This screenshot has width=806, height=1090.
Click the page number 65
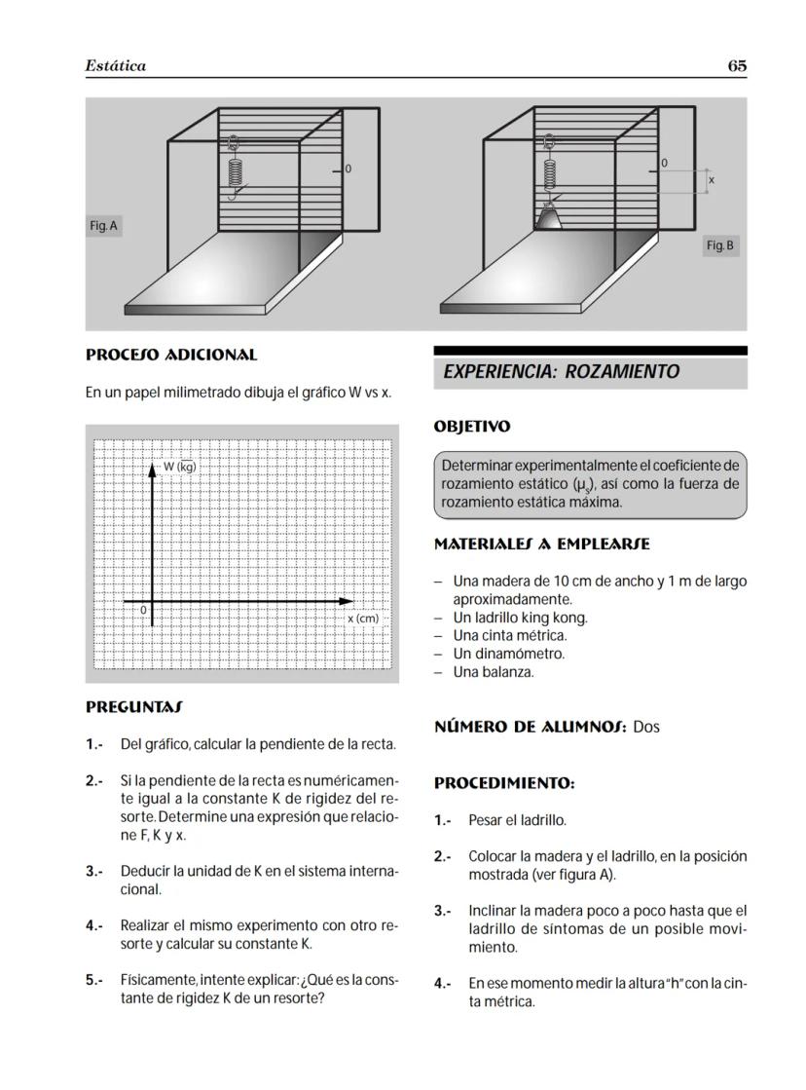(x=737, y=66)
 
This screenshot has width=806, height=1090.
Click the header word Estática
(x=115, y=66)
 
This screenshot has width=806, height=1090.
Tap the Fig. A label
(x=103, y=226)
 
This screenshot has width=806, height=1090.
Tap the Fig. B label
(x=720, y=245)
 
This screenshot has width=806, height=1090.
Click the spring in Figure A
(x=235, y=170)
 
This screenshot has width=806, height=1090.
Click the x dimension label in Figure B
(x=711, y=180)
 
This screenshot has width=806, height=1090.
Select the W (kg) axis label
(x=179, y=467)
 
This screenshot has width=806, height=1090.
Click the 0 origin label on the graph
(x=143, y=610)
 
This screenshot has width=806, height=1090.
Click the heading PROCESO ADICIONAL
(x=171, y=356)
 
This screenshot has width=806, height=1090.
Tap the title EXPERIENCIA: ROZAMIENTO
(x=561, y=372)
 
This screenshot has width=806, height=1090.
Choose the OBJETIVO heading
(x=471, y=427)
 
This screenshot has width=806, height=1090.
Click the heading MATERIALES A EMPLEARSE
(x=541, y=544)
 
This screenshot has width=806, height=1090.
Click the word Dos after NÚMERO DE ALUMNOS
(x=645, y=727)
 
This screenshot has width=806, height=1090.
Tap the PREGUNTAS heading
(x=133, y=705)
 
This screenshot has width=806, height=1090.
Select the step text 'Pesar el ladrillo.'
(x=517, y=820)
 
